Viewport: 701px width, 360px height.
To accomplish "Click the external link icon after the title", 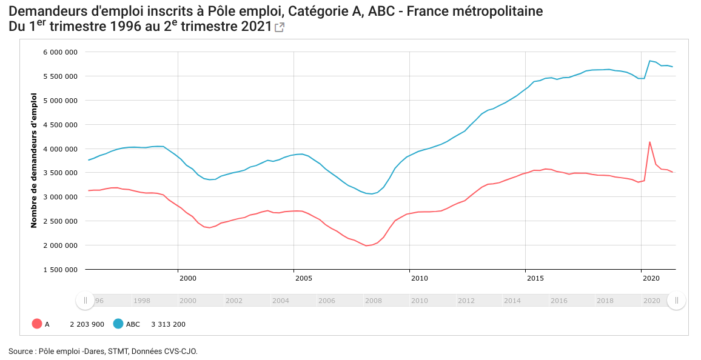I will tap(280, 27).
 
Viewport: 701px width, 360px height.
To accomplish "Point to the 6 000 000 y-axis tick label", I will tap(60, 52).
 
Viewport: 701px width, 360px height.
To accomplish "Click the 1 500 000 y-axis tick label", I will tap(60, 270).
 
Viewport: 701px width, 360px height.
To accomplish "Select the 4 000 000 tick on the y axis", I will tap(60, 149).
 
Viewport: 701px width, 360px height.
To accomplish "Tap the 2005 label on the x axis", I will tap(303, 278).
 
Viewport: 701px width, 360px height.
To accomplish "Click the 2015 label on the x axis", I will tap(535, 278).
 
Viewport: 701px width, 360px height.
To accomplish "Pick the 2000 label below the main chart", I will tap(187, 278).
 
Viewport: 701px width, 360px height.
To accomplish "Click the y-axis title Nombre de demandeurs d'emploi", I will tap(34, 161).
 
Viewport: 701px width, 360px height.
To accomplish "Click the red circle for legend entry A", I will tap(37, 324).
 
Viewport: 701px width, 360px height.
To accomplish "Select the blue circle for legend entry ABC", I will tap(118, 324).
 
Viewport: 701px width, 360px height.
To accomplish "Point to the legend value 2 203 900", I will tap(87, 324).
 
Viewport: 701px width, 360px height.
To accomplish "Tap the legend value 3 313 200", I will tap(168, 324).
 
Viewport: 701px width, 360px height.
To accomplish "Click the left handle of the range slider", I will tap(85, 301).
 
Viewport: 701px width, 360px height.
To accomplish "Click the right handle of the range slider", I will tap(676, 301).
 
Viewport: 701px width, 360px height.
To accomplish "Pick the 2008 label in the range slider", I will tap(373, 301).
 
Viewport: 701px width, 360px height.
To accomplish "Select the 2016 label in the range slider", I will tap(558, 301).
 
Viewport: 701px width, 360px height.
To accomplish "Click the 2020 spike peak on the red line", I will tap(649, 142).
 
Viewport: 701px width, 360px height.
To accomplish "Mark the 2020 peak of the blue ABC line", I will tap(649, 61).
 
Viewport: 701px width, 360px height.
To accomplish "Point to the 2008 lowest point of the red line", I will tap(366, 245).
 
